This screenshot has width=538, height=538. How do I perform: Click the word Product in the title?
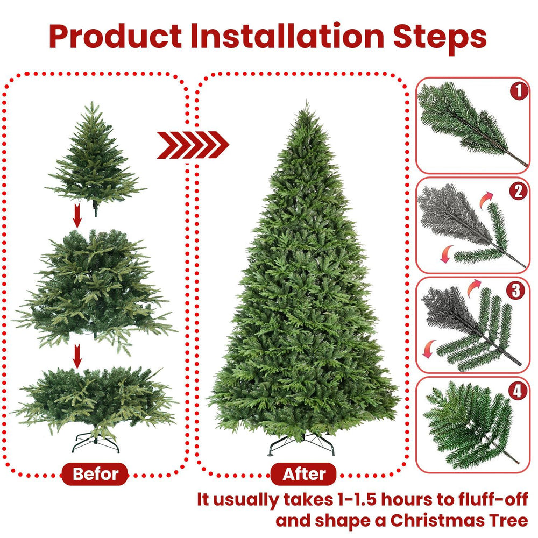point(115,37)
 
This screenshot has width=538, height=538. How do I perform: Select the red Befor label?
point(95,474)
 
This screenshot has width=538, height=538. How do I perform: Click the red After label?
point(304,474)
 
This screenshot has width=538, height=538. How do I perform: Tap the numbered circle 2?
point(518,191)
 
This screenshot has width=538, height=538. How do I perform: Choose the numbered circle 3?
point(516,291)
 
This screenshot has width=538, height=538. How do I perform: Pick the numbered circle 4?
point(518,391)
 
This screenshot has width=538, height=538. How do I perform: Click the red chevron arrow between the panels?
point(193,145)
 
